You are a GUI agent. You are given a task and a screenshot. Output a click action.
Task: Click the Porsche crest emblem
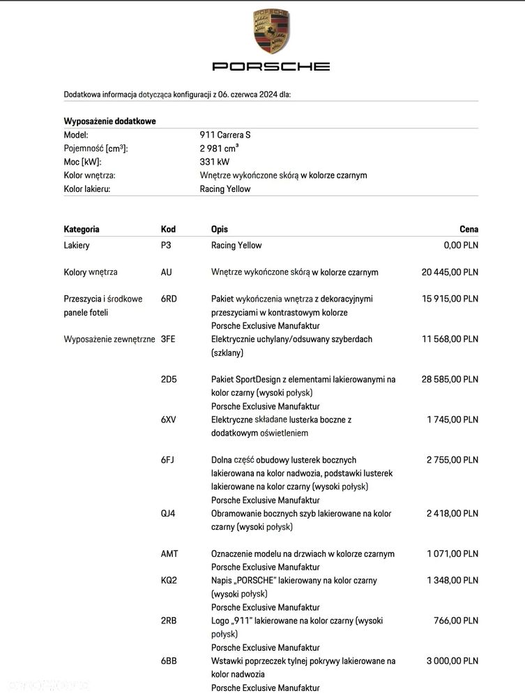coord(271,32)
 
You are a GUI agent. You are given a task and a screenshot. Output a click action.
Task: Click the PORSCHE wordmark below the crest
coord(271,66)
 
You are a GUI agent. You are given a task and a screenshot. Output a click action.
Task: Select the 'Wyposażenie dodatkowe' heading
coord(109,121)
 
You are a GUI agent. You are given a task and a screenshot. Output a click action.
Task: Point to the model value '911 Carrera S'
coord(225,135)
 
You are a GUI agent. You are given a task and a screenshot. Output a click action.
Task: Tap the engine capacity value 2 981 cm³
coord(220,148)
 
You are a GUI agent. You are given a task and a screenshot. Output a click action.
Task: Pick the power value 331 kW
coord(215,162)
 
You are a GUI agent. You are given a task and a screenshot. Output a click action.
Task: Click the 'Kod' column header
coord(168,229)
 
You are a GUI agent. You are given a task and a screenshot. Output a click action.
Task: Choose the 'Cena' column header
coord(469,229)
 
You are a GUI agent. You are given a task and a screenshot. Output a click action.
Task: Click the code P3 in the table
coord(167,246)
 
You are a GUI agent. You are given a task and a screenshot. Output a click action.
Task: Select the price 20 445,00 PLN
coord(450,272)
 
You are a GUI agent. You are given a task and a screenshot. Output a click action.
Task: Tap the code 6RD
coord(169,299)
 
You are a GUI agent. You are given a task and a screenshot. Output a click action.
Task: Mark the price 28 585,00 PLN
coord(450,380)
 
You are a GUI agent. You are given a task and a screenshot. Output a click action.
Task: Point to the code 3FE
coord(168,339)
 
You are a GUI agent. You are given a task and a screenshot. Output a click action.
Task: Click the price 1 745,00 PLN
coord(452,419)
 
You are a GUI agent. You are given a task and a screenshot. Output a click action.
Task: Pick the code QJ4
coord(168,514)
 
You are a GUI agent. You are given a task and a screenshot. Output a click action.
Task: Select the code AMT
coord(169,554)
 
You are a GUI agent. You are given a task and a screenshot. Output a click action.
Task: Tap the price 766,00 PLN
coord(457,621)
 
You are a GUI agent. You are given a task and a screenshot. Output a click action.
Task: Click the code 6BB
coord(169,661)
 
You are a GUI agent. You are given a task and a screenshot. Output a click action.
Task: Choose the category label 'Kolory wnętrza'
coord(91,272)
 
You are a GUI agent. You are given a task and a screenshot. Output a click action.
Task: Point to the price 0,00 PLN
coord(461,246)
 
